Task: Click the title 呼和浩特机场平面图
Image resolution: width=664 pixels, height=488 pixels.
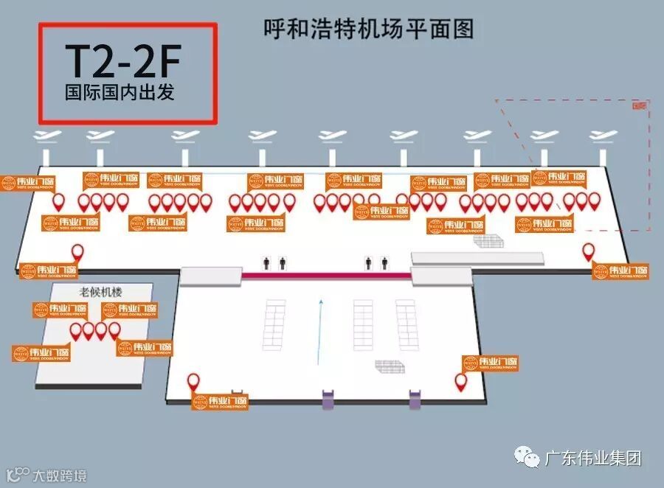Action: click(368, 29)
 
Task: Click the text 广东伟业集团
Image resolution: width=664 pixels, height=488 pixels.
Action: click(592, 458)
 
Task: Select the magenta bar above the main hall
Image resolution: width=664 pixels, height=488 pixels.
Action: click(325, 275)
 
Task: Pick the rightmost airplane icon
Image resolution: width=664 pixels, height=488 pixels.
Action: click(604, 136)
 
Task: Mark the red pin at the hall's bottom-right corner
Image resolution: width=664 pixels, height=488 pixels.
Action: click(461, 382)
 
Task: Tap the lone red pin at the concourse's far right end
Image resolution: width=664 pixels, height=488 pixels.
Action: click(589, 252)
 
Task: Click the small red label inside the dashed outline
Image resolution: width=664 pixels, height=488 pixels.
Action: click(639, 105)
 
